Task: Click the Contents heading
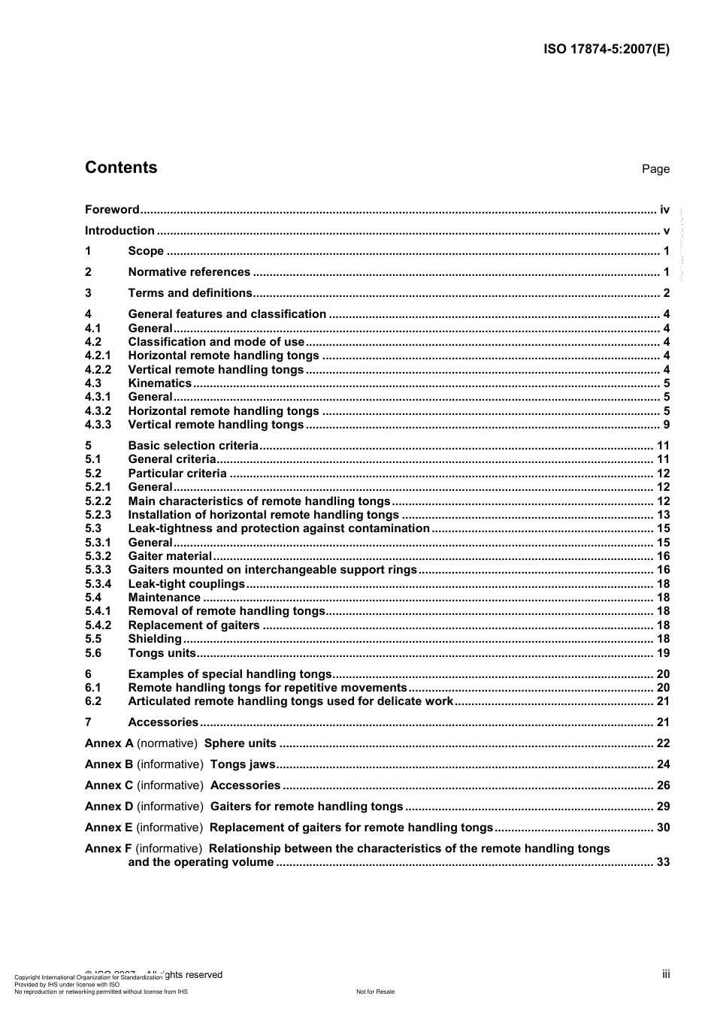(x=121, y=168)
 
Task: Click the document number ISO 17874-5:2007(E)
(x=606, y=50)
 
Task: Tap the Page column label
(x=655, y=169)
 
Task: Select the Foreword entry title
(x=112, y=210)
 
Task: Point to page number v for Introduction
(x=666, y=231)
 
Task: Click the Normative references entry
(x=189, y=272)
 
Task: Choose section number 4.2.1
(x=98, y=356)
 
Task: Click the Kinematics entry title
(x=159, y=383)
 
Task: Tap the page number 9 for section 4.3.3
(x=666, y=425)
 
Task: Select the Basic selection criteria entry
(x=193, y=446)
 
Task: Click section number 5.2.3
(x=98, y=515)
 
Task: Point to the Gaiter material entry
(x=170, y=556)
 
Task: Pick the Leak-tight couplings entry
(x=186, y=584)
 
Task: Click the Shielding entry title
(x=155, y=639)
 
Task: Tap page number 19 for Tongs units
(x=663, y=653)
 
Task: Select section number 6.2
(x=93, y=701)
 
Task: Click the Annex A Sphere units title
(x=241, y=743)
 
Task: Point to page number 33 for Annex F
(x=663, y=862)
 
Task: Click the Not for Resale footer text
(x=375, y=991)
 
